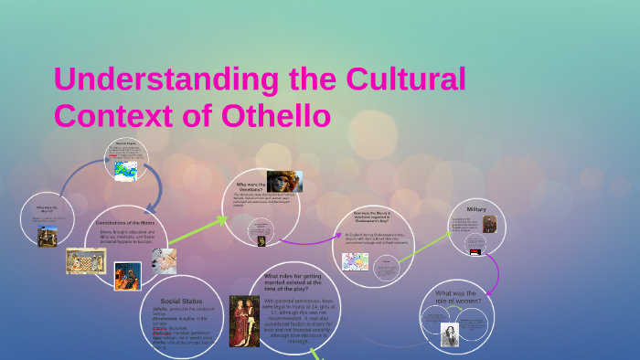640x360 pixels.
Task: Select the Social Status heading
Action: pos(180,301)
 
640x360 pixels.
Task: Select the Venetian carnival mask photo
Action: pos(283,182)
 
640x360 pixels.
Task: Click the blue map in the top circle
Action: pos(127,168)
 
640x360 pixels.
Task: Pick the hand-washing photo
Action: pos(164,263)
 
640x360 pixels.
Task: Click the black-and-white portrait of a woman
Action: pos(451,334)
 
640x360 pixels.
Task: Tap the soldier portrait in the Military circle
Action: pos(490,223)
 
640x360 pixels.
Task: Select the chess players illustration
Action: pos(84,261)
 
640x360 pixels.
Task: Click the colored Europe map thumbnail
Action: pos(355,262)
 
